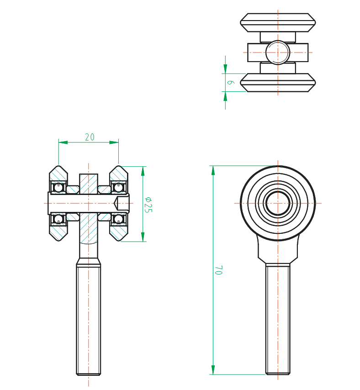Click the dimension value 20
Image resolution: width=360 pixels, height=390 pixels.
90,137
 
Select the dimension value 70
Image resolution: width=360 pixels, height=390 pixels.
218,270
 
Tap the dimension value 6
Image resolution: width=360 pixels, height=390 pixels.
231,82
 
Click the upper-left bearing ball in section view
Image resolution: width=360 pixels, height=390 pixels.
58,187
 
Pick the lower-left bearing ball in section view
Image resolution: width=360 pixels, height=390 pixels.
58,219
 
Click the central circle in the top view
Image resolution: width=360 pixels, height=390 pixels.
277,52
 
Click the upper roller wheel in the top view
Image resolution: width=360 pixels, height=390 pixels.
278,22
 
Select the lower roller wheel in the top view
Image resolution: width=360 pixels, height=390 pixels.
278,83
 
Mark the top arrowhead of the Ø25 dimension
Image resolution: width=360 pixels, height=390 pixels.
143,170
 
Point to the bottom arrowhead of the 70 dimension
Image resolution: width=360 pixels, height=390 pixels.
213,370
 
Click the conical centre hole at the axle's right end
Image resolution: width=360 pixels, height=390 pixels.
117,203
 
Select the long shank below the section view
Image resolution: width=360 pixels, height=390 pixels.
88,320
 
